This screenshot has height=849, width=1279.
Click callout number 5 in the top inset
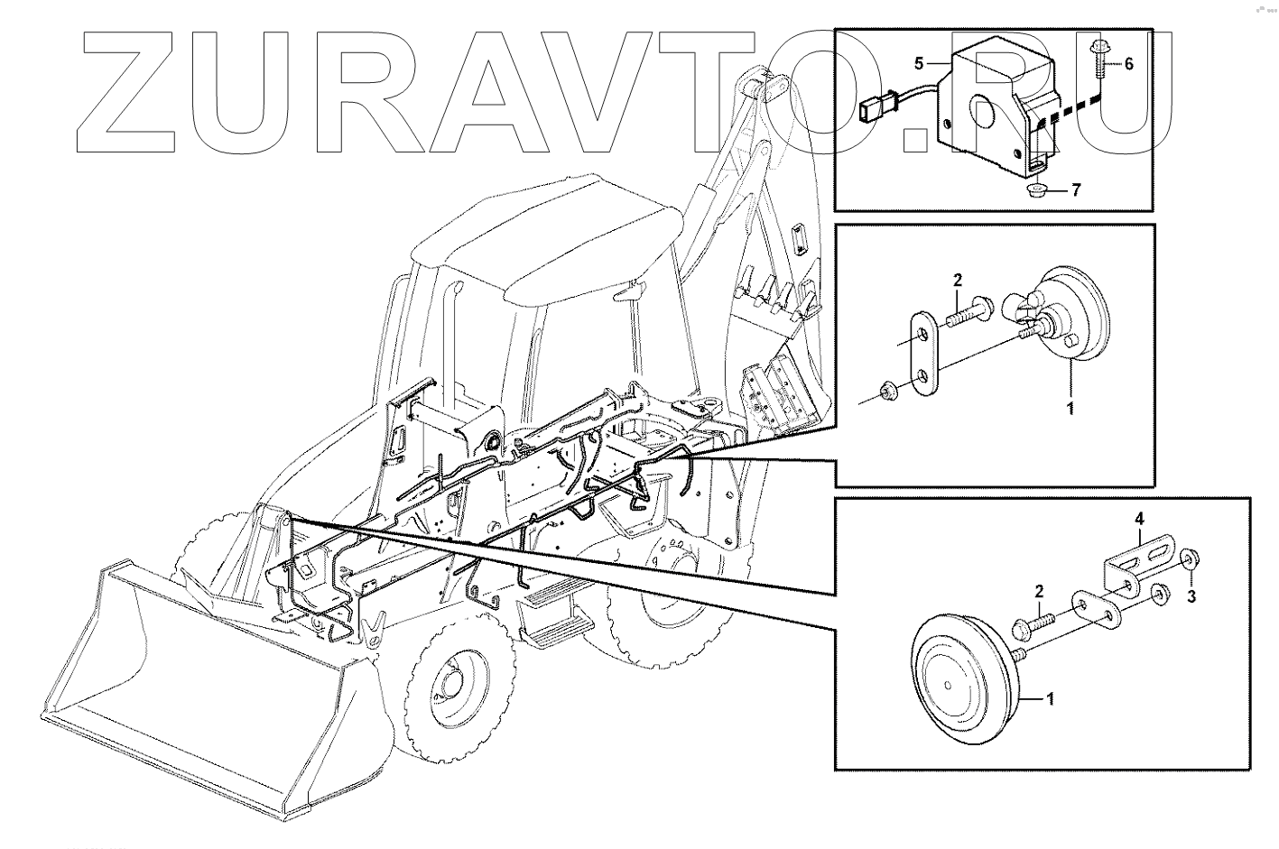tap(919, 63)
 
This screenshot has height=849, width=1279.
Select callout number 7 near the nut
tap(1076, 189)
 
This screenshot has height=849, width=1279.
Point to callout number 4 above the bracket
tap(1139, 519)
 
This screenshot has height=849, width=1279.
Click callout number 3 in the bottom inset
tap(1191, 596)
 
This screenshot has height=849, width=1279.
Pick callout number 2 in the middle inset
tap(958, 281)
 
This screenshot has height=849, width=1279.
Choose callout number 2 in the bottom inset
tap(1039, 592)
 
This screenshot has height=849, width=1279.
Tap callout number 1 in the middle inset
tap(1070, 409)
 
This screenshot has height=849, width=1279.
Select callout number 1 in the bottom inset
tap(1050, 699)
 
